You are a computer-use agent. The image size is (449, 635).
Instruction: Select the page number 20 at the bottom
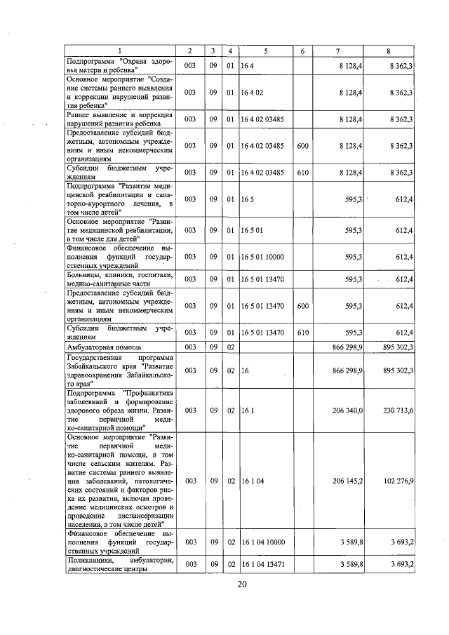click(242, 584)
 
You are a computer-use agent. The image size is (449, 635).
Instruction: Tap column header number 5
click(265, 51)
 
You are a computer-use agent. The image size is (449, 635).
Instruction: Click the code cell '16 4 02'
click(251, 93)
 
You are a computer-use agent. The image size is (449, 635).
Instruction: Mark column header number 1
click(119, 51)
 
